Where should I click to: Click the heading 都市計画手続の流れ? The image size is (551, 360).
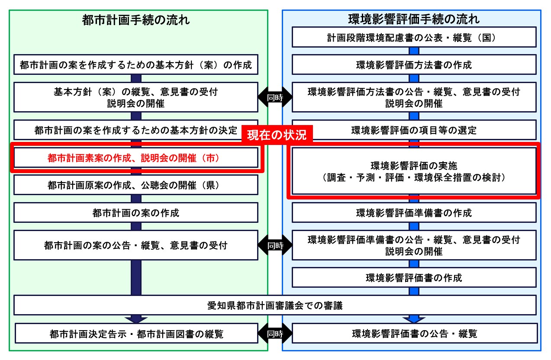tap(136, 20)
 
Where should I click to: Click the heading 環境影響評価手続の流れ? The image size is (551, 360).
tap(414, 20)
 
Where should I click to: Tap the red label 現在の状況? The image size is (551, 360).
tap(276, 135)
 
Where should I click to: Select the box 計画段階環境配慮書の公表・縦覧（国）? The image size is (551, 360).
tap(414, 37)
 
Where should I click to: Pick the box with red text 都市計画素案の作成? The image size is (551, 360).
tap(136, 158)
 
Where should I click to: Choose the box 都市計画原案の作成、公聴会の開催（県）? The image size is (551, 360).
tap(136, 185)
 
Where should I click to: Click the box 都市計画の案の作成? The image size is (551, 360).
tap(136, 213)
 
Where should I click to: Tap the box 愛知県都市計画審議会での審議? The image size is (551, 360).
tap(275, 305)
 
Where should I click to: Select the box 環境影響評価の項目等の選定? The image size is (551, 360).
tap(414, 130)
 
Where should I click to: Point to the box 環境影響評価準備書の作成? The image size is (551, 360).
tap(414, 213)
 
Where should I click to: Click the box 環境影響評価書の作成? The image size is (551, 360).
tap(414, 277)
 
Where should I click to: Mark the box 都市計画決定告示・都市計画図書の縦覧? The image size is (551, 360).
tap(136, 334)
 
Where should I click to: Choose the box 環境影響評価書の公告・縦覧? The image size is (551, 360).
tap(414, 334)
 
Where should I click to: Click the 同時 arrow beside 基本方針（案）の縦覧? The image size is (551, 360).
tap(275, 97)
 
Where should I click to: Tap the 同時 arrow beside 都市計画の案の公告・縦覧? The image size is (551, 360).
tap(275, 245)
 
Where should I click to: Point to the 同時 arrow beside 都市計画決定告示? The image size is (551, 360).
tap(275, 334)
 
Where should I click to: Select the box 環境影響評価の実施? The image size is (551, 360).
tap(414, 171)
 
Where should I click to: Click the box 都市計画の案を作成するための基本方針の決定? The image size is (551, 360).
tap(136, 130)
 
